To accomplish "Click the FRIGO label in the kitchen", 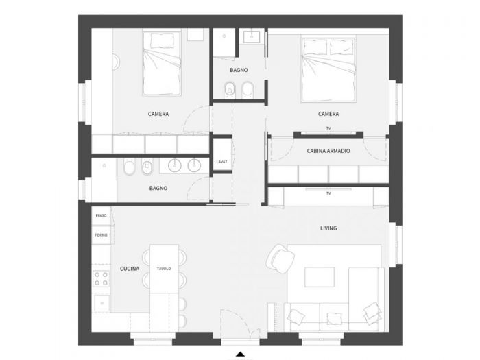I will click(x=101, y=216).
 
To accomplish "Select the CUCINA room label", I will click(x=130, y=269).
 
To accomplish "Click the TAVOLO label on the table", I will click(x=163, y=269).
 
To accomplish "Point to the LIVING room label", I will click(x=328, y=228).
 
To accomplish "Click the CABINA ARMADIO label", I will click(x=328, y=150).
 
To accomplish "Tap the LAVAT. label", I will click(x=221, y=162).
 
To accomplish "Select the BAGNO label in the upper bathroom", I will click(x=239, y=71).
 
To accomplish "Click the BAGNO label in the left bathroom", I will click(x=158, y=188).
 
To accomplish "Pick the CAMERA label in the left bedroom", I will click(x=158, y=114).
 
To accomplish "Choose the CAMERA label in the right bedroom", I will click(x=328, y=114).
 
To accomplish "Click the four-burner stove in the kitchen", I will click(x=101, y=278).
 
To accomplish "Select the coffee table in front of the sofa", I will click(x=320, y=277).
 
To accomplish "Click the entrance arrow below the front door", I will click(x=240, y=354).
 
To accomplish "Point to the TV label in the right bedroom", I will click(x=328, y=129).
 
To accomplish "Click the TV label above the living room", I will click(x=328, y=194).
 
